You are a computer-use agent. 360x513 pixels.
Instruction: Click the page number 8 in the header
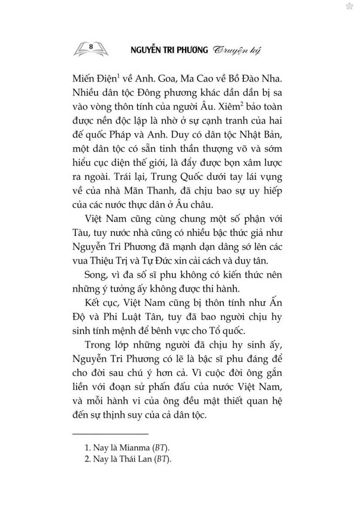point(91,46)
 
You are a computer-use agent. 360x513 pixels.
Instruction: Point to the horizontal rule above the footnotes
point(111,434)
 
